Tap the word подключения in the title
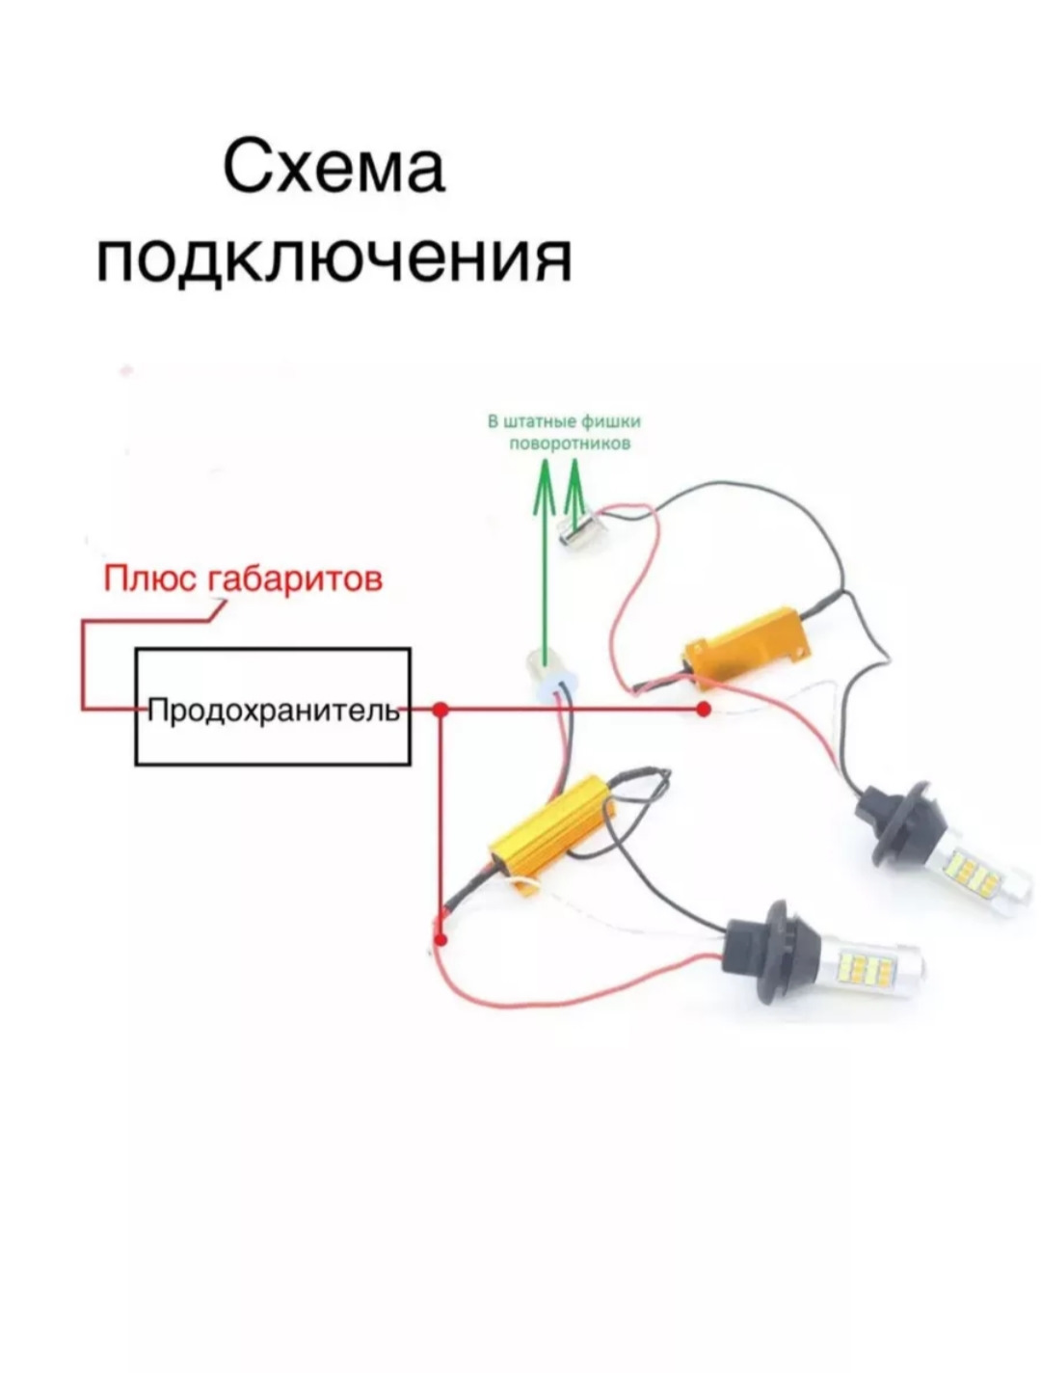(334, 258)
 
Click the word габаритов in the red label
(297, 579)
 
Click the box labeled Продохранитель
(273, 708)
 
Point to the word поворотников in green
(569, 444)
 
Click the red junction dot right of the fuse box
(440, 710)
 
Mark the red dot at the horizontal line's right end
(704, 710)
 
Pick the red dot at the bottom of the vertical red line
(440, 938)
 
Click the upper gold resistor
(744, 644)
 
